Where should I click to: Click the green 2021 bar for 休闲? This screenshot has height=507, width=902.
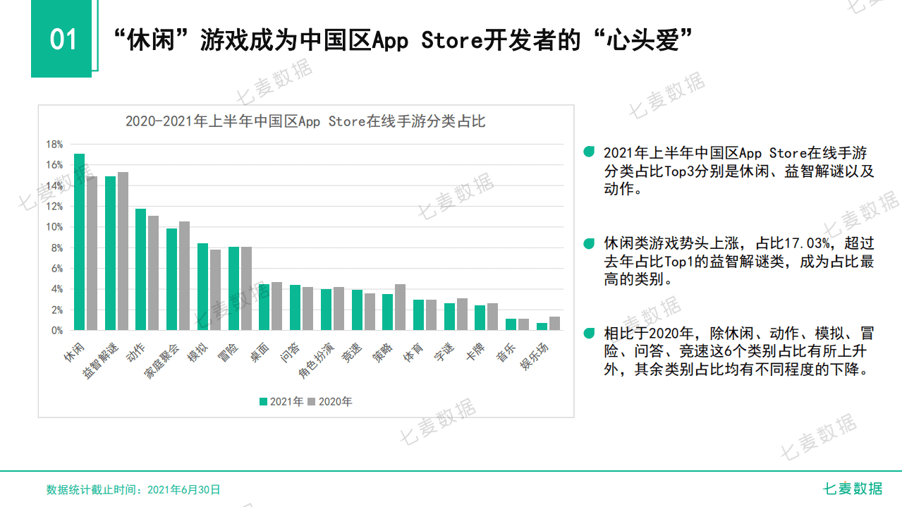(80, 242)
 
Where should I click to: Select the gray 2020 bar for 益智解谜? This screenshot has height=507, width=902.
(123, 251)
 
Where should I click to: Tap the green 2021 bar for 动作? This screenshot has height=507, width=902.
(141, 269)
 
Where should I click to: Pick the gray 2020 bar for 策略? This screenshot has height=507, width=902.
(400, 307)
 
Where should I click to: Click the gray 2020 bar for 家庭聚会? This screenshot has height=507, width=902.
(185, 276)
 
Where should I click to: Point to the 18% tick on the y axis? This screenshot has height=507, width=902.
(54, 145)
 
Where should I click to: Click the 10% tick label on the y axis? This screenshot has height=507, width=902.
(54, 227)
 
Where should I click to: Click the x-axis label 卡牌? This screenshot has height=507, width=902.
(474, 353)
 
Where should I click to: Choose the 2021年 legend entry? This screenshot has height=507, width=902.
(281, 402)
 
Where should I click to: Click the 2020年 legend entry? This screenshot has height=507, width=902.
(330, 402)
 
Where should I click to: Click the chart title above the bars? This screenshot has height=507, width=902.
(305, 121)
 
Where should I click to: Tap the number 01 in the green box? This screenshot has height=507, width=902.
(62, 39)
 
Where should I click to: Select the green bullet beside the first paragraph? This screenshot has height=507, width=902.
(589, 152)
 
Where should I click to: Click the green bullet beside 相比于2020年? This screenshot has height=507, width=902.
(589, 333)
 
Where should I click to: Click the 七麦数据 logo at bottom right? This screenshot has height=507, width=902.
(853, 488)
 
